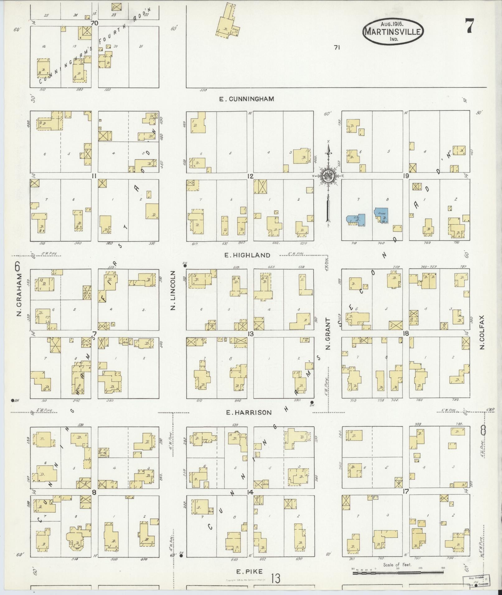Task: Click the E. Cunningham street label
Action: click(x=246, y=99)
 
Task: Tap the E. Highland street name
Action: click(x=247, y=255)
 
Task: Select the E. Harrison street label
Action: click(x=249, y=412)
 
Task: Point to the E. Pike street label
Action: click(x=249, y=571)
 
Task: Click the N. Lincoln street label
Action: click(x=173, y=290)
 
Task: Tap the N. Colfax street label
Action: click(x=482, y=332)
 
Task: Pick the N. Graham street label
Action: click(x=19, y=294)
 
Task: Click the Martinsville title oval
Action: click(x=393, y=31)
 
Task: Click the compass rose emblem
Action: click(x=328, y=176)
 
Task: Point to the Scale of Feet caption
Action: click(x=397, y=565)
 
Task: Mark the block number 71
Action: click(x=336, y=48)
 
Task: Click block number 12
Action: click(x=250, y=176)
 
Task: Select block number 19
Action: click(x=406, y=176)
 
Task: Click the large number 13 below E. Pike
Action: click(x=275, y=579)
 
